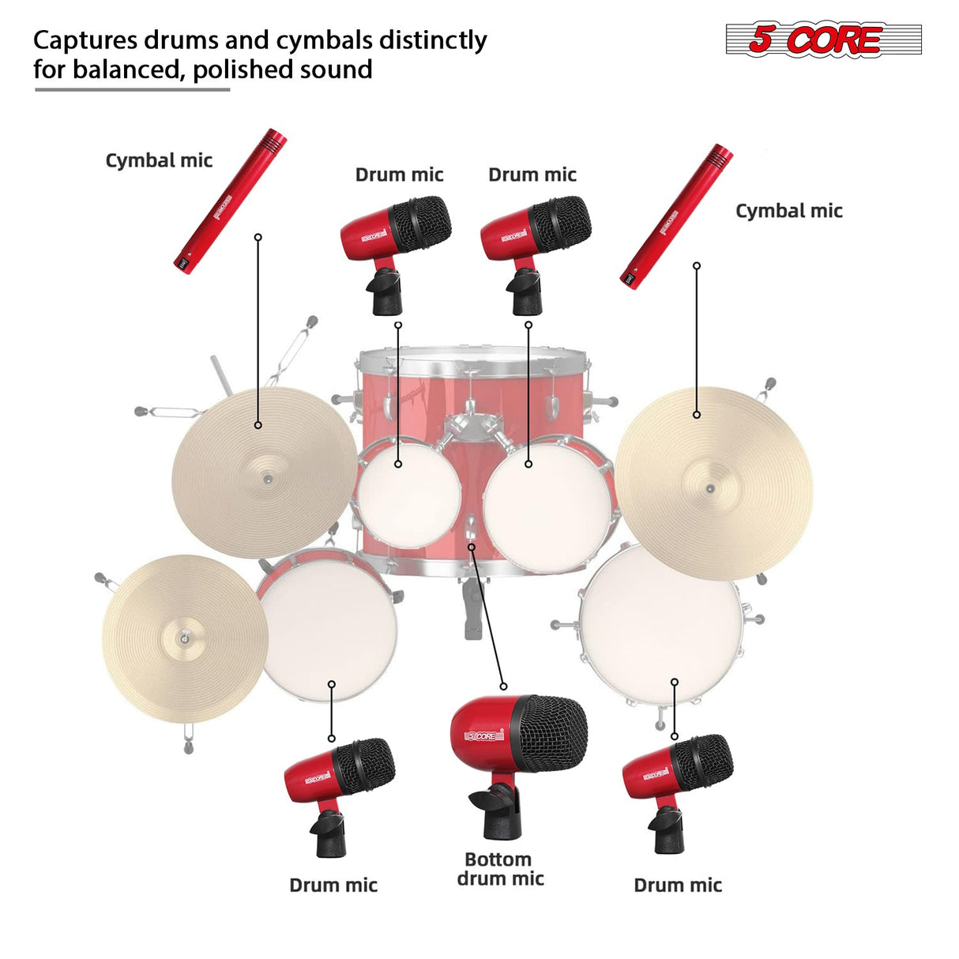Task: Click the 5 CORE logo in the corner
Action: (823, 39)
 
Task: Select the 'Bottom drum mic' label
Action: (499, 869)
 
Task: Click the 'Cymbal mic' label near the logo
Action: (788, 211)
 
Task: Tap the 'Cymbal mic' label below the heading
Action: (159, 160)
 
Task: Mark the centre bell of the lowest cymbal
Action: (183, 637)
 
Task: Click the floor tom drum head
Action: (660, 624)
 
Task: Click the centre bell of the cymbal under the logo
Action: (710, 489)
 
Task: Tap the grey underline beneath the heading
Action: (132, 90)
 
